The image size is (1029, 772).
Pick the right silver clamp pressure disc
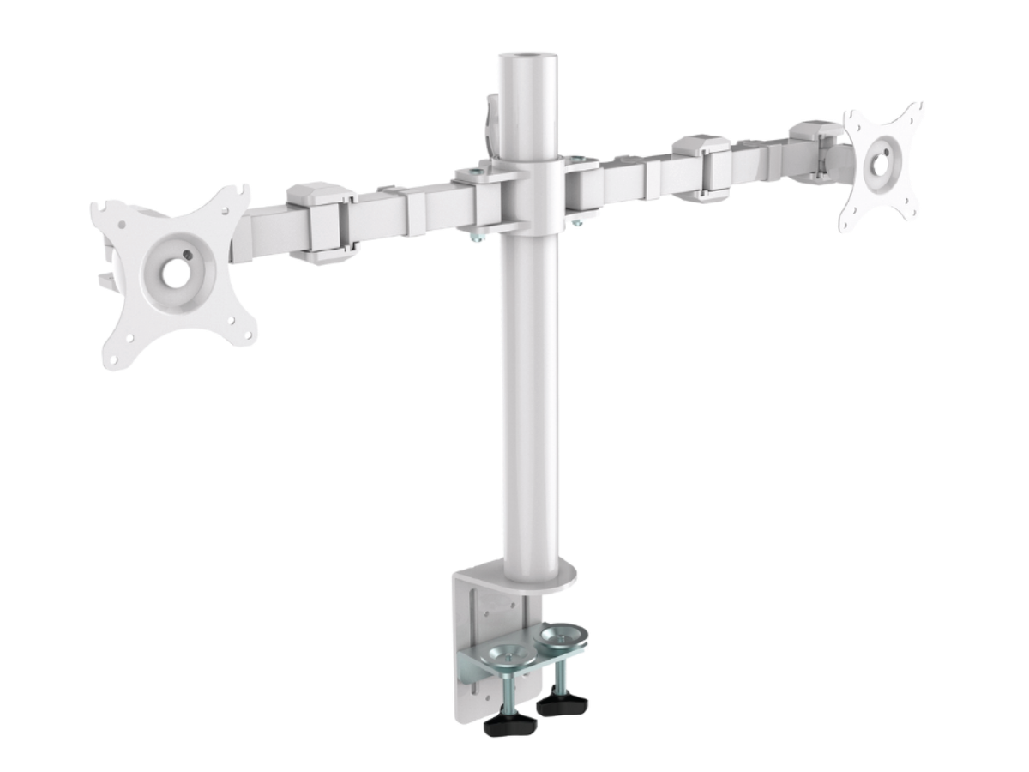coord(561,636)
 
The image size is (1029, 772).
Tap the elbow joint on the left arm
coord(320,221)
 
